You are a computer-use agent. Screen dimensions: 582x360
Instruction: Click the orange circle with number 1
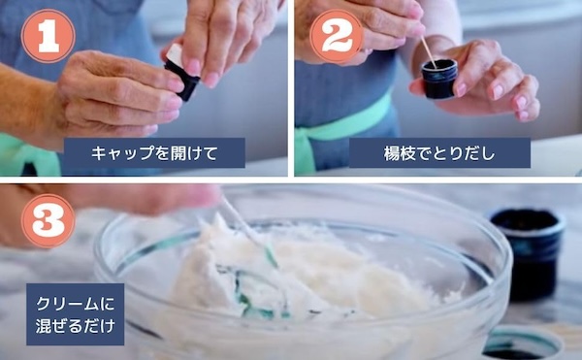coord(48,36)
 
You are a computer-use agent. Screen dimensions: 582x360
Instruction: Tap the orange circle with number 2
coord(337,36)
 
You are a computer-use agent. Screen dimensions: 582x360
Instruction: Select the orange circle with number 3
coord(48,221)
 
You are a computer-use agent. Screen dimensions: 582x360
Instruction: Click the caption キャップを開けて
coord(154,153)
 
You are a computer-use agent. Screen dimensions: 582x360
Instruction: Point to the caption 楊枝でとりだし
coord(439,153)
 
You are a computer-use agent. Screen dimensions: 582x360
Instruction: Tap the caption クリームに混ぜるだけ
coord(76,314)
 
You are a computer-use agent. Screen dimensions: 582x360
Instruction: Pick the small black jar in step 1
coord(182,80)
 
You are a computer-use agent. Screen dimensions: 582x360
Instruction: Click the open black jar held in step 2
coord(439,79)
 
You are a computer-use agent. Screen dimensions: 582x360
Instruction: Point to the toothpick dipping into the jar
coord(429,52)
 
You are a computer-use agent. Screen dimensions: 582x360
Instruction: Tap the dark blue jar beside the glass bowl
coord(528,254)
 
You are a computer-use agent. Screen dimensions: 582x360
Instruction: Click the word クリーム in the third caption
coord(67,304)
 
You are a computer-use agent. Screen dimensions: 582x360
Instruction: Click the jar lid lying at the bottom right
coord(522,344)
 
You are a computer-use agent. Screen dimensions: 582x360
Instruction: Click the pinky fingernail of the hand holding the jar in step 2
coord(524,115)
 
